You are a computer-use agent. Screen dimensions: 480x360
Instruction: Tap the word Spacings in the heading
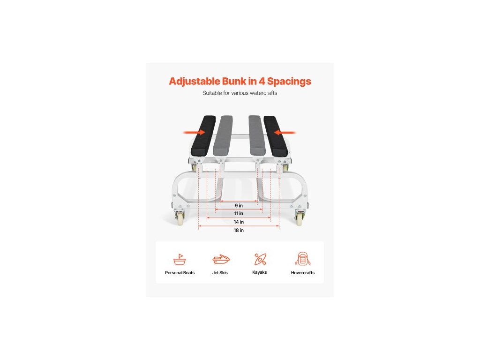[289, 82]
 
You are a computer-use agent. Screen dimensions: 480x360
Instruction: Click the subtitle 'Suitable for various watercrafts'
[240, 93]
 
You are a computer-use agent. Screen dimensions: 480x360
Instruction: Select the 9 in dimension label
[239, 205]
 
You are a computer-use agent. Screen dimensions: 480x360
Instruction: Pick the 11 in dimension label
[239, 213]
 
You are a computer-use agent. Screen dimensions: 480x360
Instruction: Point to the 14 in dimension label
[239, 222]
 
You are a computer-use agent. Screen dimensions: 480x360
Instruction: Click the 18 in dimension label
[239, 230]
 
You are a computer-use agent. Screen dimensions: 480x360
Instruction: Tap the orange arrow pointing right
[194, 133]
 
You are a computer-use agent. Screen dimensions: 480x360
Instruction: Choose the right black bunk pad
[275, 136]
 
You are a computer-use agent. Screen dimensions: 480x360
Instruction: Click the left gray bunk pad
[223, 135]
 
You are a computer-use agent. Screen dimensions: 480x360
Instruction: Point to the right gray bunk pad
[256, 135]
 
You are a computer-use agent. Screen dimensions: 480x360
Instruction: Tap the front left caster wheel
[180, 218]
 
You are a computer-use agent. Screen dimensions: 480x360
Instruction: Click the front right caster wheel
[299, 218]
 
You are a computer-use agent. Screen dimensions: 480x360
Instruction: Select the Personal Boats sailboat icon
[180, 259]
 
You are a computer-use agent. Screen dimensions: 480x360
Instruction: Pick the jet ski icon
[221, 259]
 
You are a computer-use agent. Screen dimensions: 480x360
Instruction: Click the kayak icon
[260, 259]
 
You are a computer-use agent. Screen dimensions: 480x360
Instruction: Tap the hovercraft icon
[302, 259]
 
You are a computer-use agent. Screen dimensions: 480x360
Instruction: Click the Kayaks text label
[259, 272]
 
